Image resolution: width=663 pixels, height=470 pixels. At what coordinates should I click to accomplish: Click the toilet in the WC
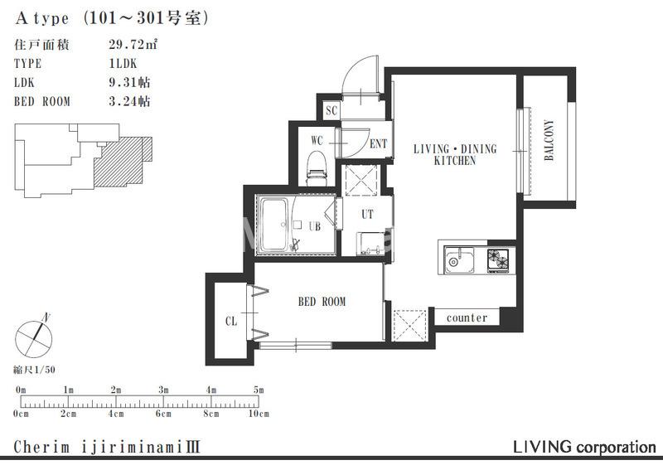317,168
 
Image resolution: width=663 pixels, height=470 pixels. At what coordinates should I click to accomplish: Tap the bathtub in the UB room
273,225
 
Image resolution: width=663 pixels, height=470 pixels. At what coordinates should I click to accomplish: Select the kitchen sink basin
459,260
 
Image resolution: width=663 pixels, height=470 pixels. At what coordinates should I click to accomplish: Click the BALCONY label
549,140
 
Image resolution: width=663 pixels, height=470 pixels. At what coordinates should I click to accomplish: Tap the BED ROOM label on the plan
322,302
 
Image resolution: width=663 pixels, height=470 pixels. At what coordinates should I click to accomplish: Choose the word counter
467,317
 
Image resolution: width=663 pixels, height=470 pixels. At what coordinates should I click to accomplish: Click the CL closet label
231,322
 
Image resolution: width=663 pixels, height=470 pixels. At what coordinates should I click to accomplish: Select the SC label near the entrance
331,111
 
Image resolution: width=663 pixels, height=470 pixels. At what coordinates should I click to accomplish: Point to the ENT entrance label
378,144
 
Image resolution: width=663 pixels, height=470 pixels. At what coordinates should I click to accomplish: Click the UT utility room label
367,214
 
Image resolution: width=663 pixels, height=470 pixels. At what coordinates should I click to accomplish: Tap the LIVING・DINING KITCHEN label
455,154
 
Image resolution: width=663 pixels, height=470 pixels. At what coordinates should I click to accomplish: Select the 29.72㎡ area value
133,45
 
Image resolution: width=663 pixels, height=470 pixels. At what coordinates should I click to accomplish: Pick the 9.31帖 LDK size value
129,82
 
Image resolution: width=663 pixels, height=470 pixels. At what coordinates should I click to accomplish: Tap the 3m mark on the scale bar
163,390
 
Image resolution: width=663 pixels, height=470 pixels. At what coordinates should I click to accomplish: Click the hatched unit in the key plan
123,162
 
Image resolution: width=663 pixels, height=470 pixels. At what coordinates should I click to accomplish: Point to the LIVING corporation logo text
584,447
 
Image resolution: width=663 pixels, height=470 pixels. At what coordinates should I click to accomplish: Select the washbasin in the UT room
370,245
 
